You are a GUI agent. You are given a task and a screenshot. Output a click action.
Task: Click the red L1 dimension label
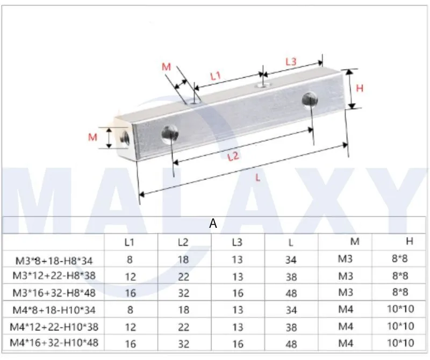click(216, 76)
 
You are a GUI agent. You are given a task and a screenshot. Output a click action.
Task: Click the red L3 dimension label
click(290, 62)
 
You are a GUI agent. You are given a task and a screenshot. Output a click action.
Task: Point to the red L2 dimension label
click(233, 157)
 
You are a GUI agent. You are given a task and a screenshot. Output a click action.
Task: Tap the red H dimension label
click(360, 88)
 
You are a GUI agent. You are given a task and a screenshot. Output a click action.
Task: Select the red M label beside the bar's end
click(92, 138)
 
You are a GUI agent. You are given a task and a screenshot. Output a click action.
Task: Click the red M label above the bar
click(166, 67)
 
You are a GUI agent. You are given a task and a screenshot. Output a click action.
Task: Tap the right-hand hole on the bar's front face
click(309, 99)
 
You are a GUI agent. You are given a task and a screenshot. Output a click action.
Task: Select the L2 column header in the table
click(183, 242)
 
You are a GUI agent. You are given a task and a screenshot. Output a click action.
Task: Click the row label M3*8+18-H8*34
click(54, 261)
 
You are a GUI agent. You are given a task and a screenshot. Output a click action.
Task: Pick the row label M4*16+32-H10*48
click(54, 343)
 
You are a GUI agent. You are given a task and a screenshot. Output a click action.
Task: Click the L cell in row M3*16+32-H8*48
click(291, 293)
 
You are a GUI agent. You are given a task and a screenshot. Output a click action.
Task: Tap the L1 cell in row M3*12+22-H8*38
click(130, 276)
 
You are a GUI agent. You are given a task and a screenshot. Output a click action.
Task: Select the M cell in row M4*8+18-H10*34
click(346, 310)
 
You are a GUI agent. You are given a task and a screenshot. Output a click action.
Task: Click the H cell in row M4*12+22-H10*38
click(399, 326)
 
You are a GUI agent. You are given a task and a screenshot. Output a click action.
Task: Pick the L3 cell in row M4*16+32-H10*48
click(238, 343)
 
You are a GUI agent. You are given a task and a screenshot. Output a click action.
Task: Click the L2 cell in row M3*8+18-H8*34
click(183, 260)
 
